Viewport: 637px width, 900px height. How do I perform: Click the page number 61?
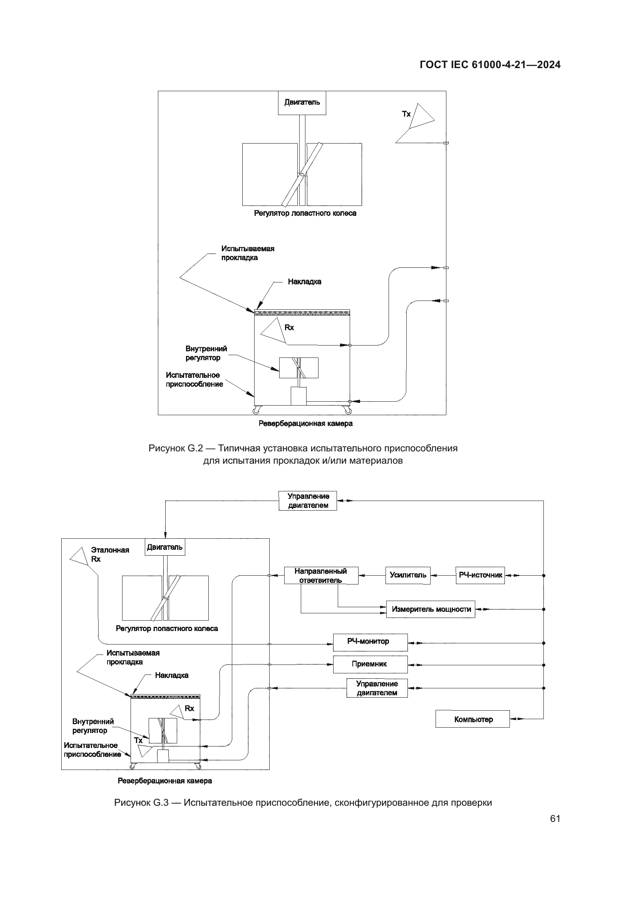(555, 818)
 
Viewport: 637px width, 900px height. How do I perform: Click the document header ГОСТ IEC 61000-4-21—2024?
(490, 65)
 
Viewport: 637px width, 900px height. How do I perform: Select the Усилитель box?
(407, 575)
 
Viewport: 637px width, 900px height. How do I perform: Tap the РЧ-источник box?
(480, 575)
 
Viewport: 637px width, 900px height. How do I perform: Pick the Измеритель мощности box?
(430, 609)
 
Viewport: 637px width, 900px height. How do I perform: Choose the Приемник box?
(370, 665)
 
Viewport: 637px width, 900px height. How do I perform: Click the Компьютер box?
(472, 719)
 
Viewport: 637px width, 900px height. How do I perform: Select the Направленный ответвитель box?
(321, 575)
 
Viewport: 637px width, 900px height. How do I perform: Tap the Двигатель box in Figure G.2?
(302, 103)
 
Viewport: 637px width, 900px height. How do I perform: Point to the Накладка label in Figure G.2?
(304, 282)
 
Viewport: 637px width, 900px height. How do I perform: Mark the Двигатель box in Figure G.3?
(165, 547)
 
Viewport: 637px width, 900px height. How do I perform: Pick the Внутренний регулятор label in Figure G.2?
(206, 353)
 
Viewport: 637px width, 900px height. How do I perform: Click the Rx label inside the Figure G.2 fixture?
(289, 328)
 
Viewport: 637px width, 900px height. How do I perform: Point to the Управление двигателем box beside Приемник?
(377, 688)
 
